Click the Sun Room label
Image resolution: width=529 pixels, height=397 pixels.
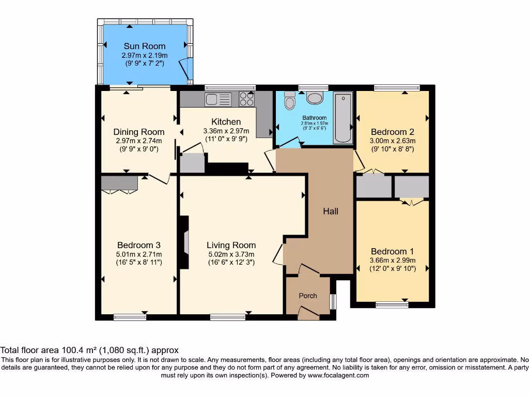coord(145,46)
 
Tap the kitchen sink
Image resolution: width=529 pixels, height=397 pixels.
coord(218,99)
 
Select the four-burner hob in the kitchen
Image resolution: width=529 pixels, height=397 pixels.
coord(246,99)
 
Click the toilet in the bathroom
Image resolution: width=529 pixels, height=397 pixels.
coord(289,100)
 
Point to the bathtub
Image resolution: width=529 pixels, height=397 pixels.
coord(343,118)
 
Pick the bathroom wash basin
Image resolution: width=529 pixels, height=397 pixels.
coord(315,98)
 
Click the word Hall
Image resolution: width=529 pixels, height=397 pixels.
coord(331,211)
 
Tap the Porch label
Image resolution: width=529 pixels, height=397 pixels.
coord(308,296)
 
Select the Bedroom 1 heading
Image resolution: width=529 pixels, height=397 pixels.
coord(393,251)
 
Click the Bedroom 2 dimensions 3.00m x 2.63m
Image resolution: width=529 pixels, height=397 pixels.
coord(393,141)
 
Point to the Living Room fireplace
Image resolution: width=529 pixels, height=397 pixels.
coord(184,242)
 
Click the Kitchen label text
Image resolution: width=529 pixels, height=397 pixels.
coord(226,121)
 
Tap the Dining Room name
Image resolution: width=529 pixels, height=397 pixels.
coord(138,132)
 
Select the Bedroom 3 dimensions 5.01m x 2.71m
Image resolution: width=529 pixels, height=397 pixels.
coord(138,254)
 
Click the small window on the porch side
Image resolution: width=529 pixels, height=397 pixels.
coord(333,302)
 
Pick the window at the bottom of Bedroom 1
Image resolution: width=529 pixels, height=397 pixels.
coord(392,305)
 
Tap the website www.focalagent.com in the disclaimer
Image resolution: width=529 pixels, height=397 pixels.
coord(338,375)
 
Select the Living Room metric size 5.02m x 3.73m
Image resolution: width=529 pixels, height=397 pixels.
coord(231,254)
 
